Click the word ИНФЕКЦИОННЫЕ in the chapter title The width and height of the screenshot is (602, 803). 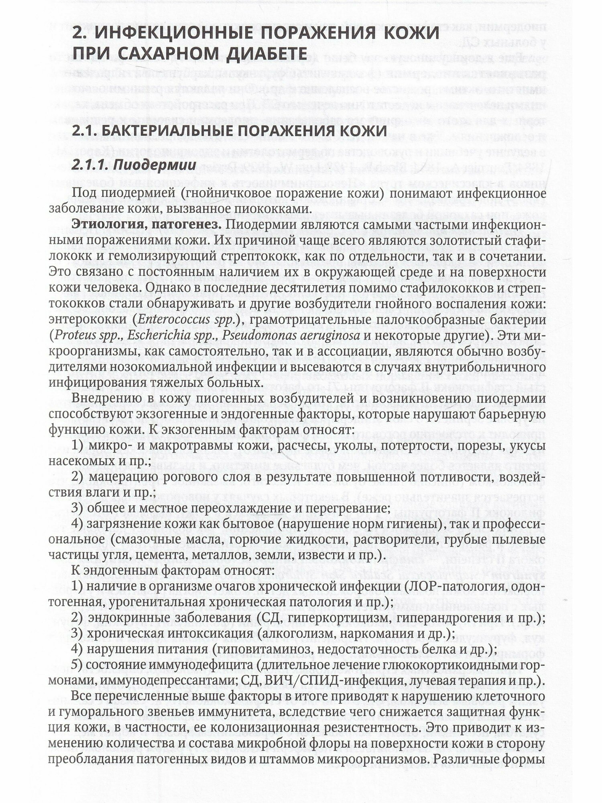click(176, 32)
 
